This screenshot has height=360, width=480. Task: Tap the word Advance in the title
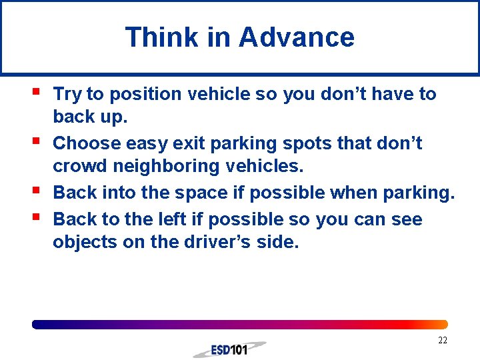tap(297, 37)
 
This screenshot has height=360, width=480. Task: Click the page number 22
tap(442, 341)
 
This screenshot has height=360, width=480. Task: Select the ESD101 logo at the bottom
tap(229, 349)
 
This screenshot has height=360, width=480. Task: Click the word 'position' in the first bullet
tap(141, 95)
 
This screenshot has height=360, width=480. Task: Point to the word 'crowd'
tap(77, 165)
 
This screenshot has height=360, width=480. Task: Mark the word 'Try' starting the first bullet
tap(67, 95)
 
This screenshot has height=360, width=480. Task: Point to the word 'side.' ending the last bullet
tap(282, 242)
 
